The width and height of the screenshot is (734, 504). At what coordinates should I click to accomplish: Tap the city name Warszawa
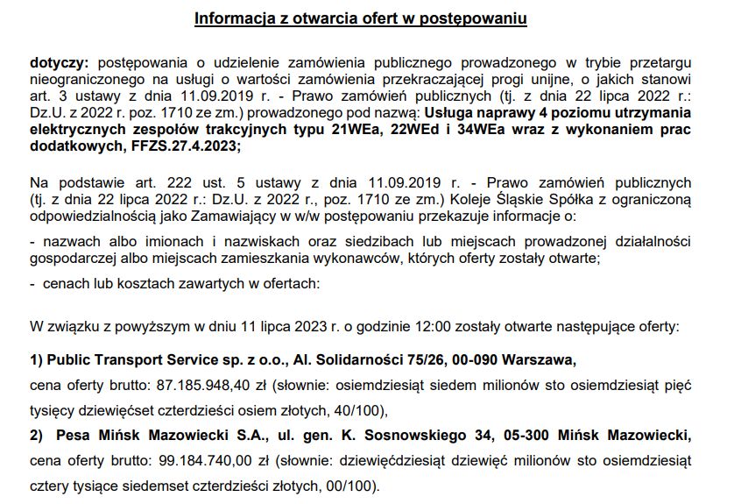(x=544, y=359)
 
